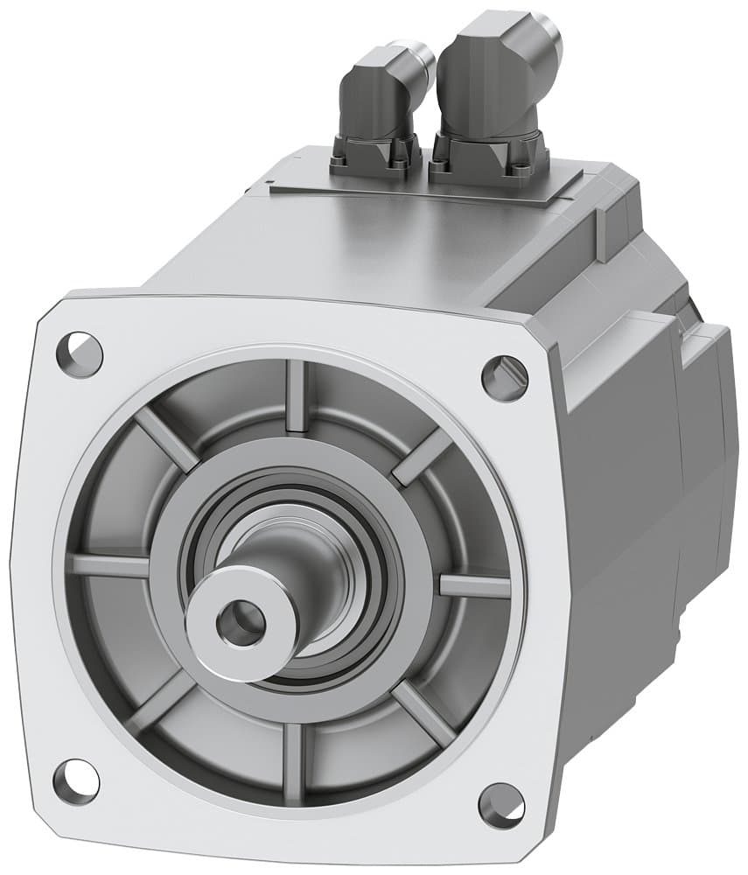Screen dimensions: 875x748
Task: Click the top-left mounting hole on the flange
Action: (80, 354)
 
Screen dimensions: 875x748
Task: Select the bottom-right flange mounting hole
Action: (502, 805)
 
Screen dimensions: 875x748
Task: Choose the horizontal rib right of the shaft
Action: (473, 585)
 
